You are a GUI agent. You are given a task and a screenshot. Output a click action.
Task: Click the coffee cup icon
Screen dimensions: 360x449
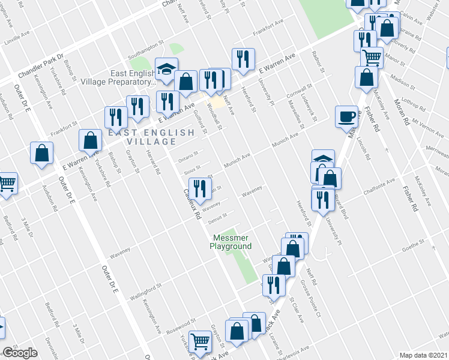point(346,116)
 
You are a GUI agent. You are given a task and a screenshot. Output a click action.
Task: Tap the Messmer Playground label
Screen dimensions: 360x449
point(231,242)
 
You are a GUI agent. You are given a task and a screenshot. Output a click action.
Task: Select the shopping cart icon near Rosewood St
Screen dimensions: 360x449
point(200,341)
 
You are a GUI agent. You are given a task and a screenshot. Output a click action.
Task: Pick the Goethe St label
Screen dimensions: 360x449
point(412,242)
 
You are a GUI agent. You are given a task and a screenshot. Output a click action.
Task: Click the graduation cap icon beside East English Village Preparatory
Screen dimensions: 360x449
point(165,70)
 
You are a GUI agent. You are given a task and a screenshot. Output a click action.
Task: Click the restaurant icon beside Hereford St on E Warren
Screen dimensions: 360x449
point(243,58)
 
